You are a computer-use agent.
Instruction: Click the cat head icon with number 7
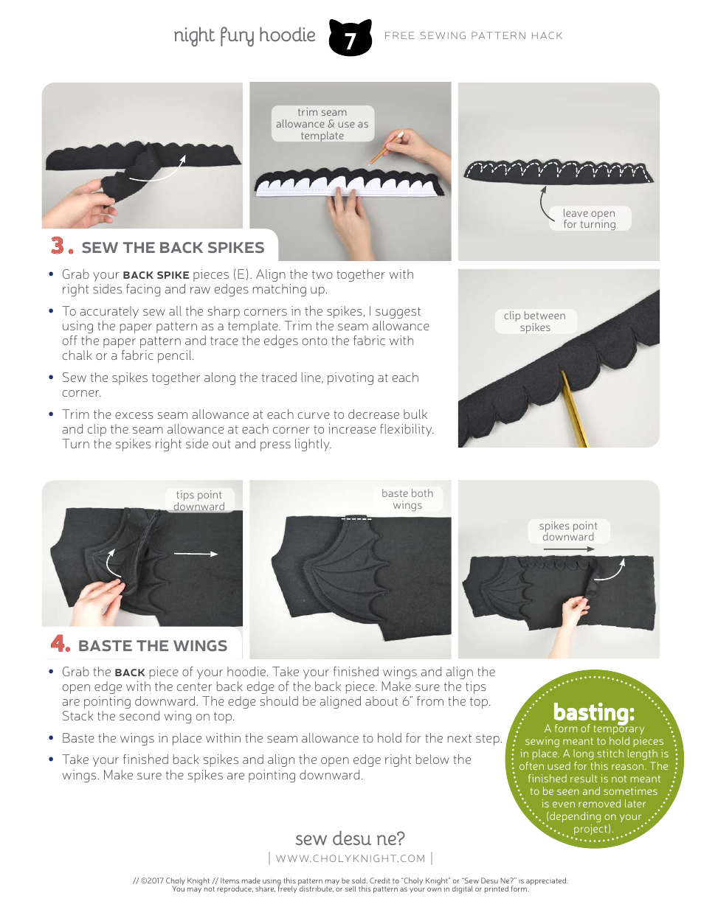pos(350,37)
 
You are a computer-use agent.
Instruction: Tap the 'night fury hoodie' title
pos(244,35)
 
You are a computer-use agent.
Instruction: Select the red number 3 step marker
pos(62,246)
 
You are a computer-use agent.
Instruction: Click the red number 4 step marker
pos(60,643)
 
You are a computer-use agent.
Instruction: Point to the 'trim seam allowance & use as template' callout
pos(322,124)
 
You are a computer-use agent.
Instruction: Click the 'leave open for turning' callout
pos(589,218)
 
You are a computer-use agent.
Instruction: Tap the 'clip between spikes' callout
pos(535,322)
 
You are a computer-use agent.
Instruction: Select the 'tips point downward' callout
pos(198,500)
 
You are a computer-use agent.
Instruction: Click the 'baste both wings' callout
pos(407,498)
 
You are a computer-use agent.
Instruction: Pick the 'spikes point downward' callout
pos(568,531)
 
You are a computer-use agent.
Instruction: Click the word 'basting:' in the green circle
pos(594,712)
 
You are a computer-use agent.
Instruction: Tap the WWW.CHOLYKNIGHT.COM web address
pos(350,858)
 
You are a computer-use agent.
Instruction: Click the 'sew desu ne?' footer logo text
pos(350,838)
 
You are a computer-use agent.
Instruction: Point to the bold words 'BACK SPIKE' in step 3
pos(156,275)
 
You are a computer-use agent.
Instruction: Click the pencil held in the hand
pos(386,147)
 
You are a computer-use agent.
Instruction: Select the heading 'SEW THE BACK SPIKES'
pos(173,248)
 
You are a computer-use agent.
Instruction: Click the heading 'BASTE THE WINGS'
pos(153,646)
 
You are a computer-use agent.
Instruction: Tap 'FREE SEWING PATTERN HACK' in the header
pos(474,35)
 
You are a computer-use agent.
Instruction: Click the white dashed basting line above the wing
pos(356,519)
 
